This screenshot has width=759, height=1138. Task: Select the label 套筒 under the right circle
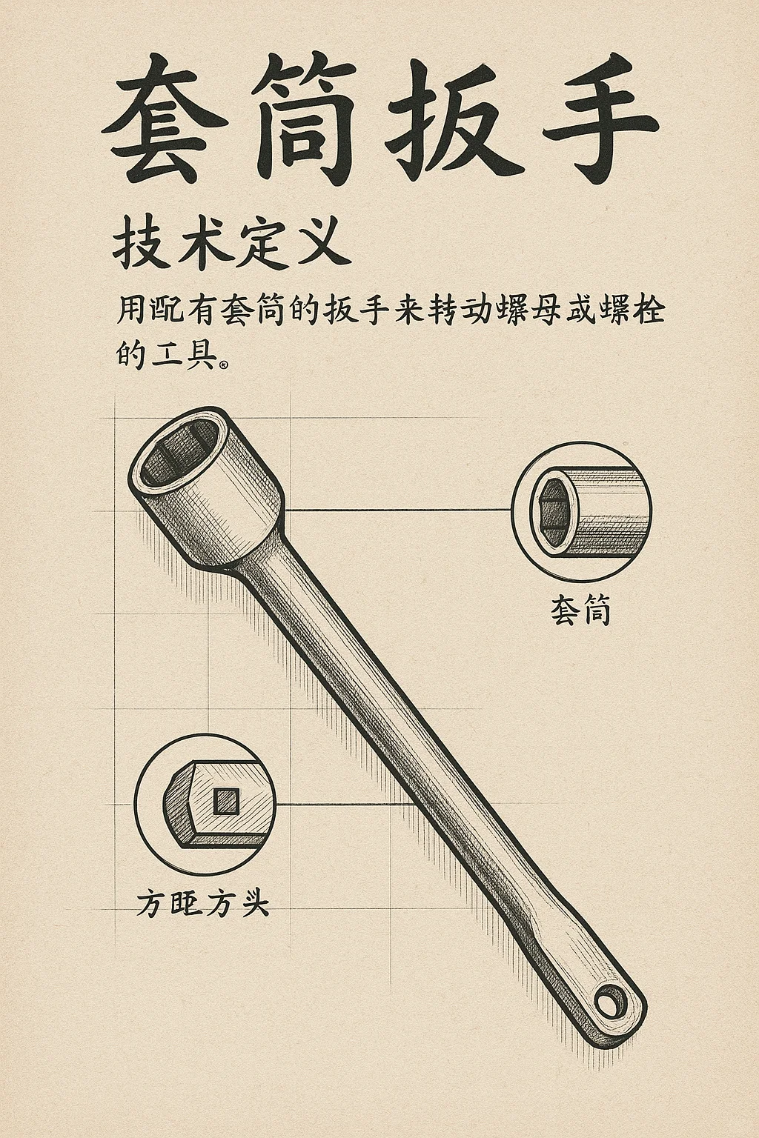click(580, 610)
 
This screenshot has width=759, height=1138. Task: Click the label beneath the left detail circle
click(202, 904)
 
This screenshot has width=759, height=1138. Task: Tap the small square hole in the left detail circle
click(225, 800)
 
